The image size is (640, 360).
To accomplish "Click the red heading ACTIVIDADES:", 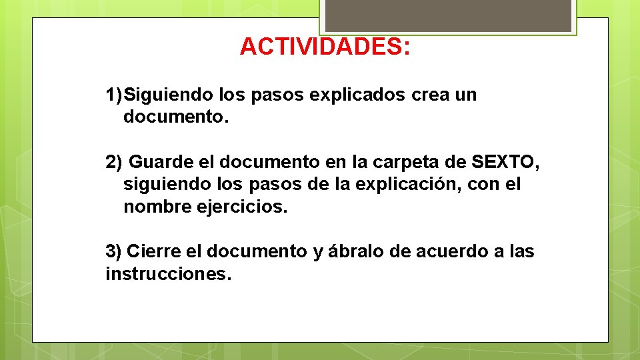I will click(325, 47).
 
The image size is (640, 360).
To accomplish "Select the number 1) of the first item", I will click(114, 95).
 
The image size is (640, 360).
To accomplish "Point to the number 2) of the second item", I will click(114, 162).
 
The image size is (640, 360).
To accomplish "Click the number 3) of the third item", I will click(114, 251).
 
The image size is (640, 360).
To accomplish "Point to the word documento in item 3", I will click(256, 251).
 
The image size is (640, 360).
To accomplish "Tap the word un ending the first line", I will click(465, 95).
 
